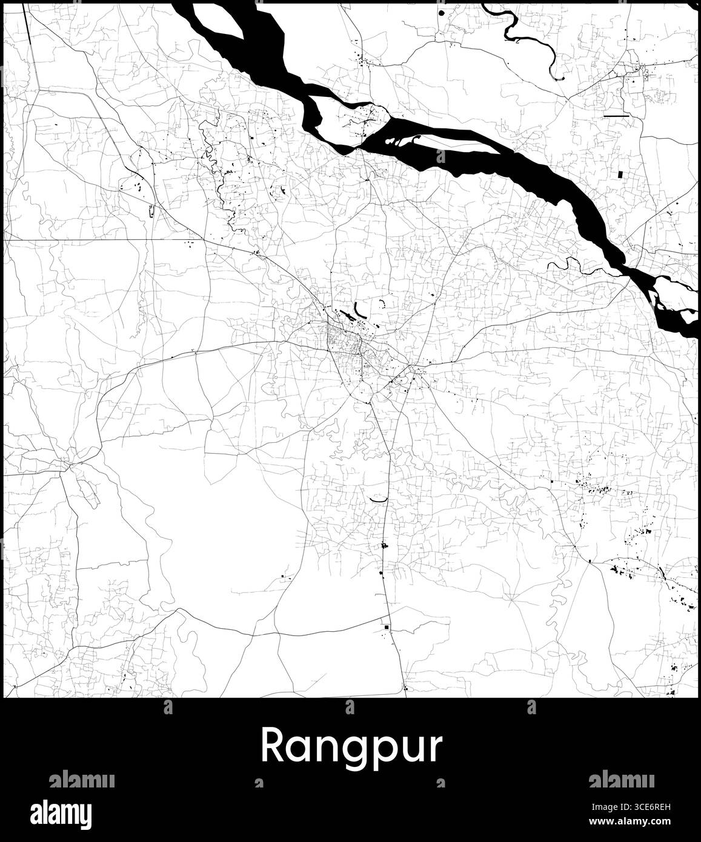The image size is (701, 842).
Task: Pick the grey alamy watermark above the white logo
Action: [x=81, y=779]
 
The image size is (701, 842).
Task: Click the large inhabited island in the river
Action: [x=348, y=124]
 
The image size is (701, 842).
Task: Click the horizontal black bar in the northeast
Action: [x=617, y=115]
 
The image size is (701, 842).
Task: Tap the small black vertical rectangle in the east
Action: [x=620, y=174]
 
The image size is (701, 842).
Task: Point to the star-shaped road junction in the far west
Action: [x=68, y=465]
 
